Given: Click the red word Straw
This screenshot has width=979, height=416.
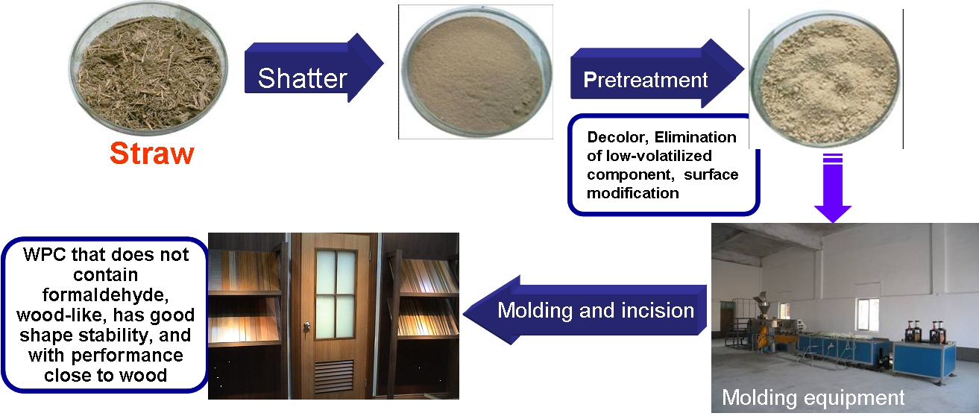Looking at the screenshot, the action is [151, 154].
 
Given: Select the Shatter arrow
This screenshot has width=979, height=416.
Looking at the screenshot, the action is [314, 68].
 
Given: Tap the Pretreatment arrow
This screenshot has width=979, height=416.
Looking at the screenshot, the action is [658, 73].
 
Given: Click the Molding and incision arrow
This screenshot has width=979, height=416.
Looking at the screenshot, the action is [585, 310].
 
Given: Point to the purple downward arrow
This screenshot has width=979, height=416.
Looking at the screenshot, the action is [833, 188].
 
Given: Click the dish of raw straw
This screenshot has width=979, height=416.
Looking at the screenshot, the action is [148, 67].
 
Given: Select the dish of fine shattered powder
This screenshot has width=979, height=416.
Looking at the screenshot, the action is [476, 72].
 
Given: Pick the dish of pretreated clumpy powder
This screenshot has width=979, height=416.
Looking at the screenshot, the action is [825, 81].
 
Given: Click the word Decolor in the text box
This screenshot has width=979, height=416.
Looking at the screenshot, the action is [618, 137].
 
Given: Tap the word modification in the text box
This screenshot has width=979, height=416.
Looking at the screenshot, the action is [633, 193].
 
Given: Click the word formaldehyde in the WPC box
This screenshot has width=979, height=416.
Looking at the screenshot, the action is [105, 295].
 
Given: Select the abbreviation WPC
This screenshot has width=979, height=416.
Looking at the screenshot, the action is [45, 254].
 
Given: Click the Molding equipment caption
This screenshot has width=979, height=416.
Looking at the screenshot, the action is [813, 397].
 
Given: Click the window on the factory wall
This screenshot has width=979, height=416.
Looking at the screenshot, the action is [868, 315].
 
